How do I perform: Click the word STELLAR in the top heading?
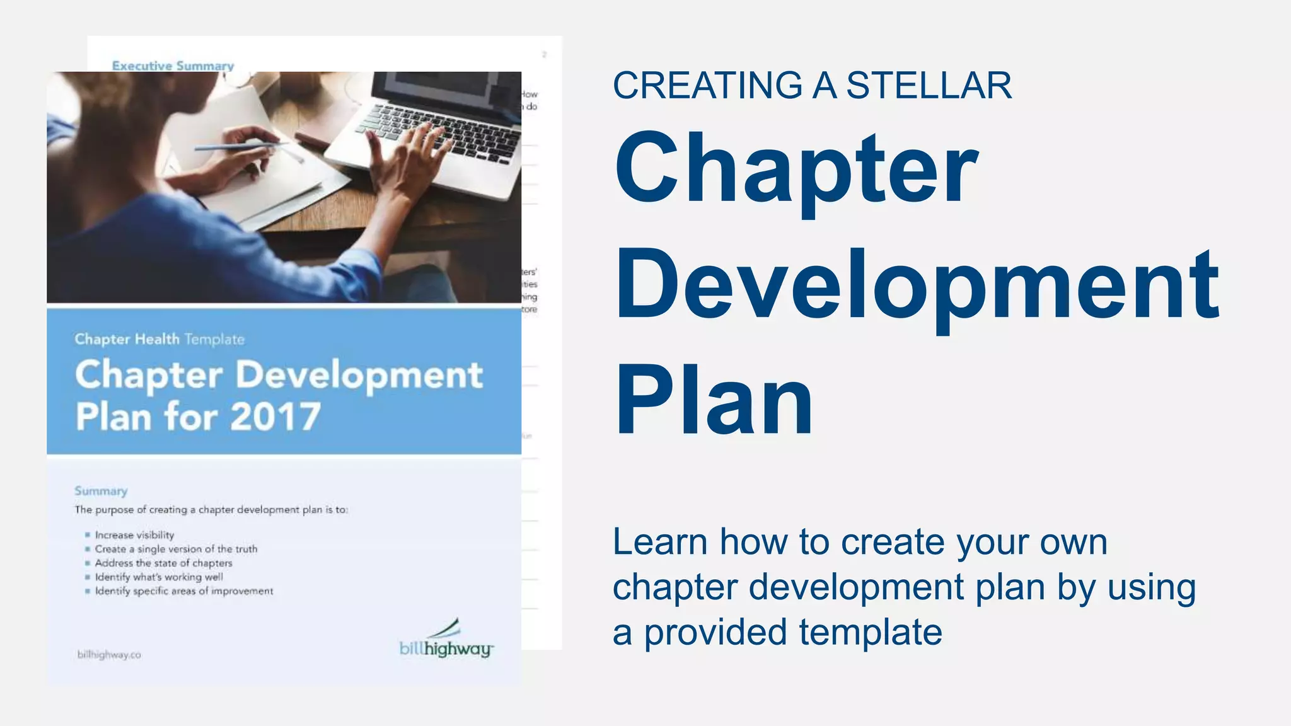coord(929,86)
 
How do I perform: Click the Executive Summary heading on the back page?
coord(173,66)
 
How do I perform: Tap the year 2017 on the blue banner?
coord(275,417)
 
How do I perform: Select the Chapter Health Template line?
coord(159,339)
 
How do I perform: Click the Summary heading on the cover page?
coord(101,491)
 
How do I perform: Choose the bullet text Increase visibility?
coord(134,535)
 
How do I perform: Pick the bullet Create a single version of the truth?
coord(176,549)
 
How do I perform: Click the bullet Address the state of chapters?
coord(163,563)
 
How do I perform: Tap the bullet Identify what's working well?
coord(159,577)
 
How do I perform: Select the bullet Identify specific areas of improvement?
coord(184,591)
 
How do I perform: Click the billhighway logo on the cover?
coord(446,640)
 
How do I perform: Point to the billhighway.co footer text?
coord(109,655)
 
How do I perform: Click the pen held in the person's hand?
coord(240,147)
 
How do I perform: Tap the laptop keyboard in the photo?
coord(441,129)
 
